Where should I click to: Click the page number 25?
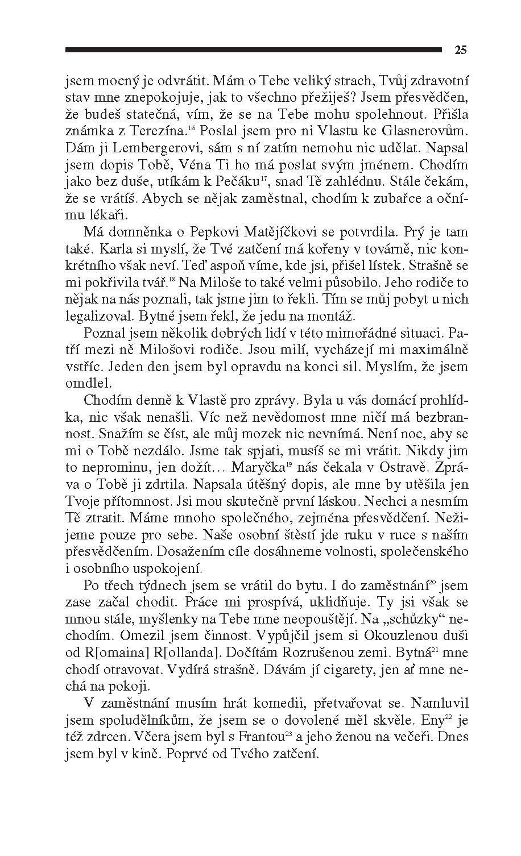point(461,50)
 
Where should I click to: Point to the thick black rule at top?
point(253,50)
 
